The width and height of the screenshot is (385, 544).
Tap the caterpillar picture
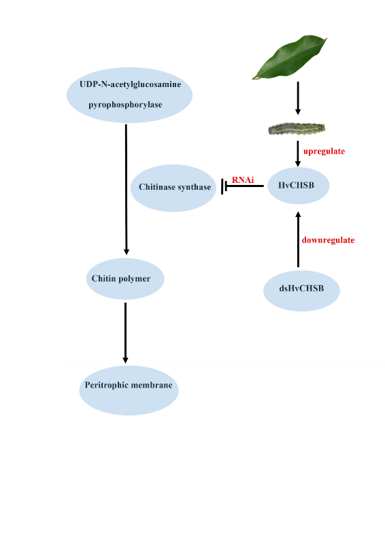[x=297, y=128]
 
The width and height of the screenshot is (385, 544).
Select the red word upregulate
[x=324, y=151]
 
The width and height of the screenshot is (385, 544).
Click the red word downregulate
[x=328, y=240]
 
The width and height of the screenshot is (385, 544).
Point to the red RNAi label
[x=243, y=180]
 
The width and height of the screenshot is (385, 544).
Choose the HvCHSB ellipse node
[x=299, y=186]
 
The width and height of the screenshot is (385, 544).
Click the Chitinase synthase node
[x=174, y=187]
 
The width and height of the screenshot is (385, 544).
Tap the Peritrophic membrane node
[x=129, y=386]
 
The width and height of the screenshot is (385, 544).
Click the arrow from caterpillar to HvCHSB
[x=297, y=153]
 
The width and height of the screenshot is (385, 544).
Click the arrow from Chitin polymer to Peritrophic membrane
[x=125, y=333]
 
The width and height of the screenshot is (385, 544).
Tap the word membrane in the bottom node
[x=152, y=386]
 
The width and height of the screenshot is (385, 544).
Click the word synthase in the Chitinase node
[x=195, y=187]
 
